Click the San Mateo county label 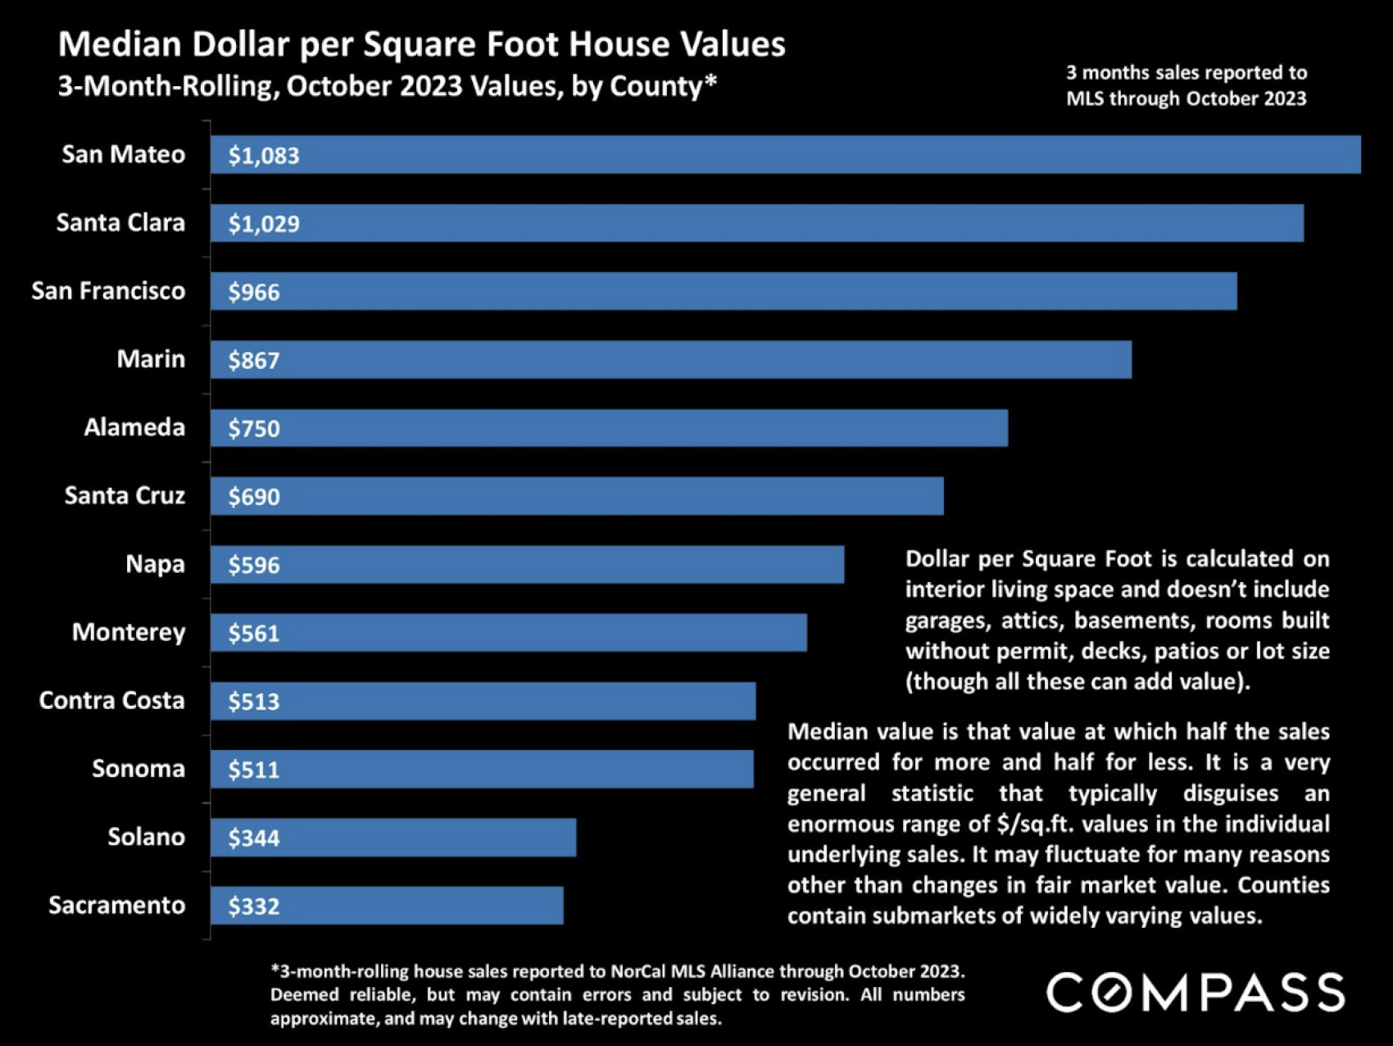tap(123, 154)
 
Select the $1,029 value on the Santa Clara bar tap(264, 224)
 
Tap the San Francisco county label tap(108, 291)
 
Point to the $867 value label tap(254, 361)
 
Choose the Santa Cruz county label tap(125, 496)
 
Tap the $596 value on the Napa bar tap(254, 566)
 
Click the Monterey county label tap(129, 632)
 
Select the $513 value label tap(254, 702)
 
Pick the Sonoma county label tap(138, 769)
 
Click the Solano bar tap(393, 838)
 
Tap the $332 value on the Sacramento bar tap(254, 907)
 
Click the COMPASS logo tap(1196, 993)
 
